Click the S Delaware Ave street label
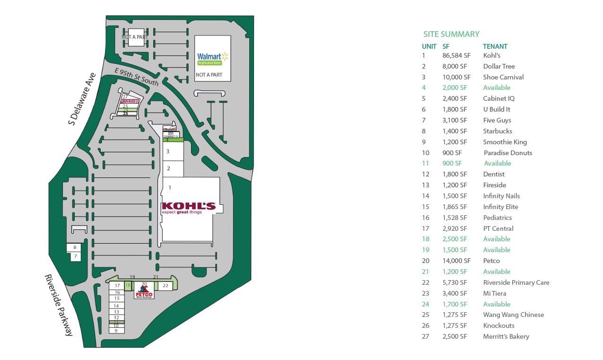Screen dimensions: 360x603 pos(82,99)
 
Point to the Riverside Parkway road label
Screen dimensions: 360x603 pos(59,305)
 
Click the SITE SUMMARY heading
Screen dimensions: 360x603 pos(451,34)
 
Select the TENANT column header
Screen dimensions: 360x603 pos(495,46)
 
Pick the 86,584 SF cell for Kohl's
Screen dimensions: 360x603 pos(456,55)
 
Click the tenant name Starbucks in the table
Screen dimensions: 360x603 pos(498,131)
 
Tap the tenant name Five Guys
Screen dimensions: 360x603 pos(497,120)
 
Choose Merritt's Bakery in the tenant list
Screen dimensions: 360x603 pos(506,336)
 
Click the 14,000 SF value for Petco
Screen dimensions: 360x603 pos(456,261)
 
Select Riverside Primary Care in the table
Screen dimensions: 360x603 pos(516,282)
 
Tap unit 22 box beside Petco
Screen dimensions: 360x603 pos(165,286)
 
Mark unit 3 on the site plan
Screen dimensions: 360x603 pos(168,151)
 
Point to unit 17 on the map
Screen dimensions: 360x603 pos(116,286)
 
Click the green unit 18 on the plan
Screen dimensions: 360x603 pos(128,285)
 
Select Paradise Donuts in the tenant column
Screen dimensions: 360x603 pos(507,153)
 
